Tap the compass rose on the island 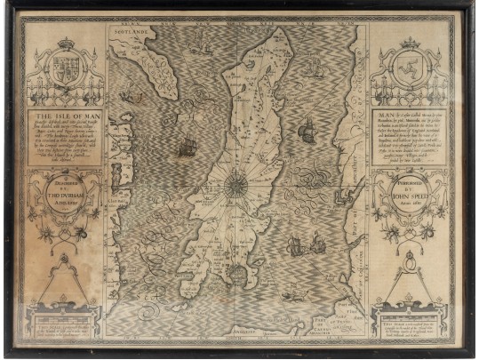coord(237,183)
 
